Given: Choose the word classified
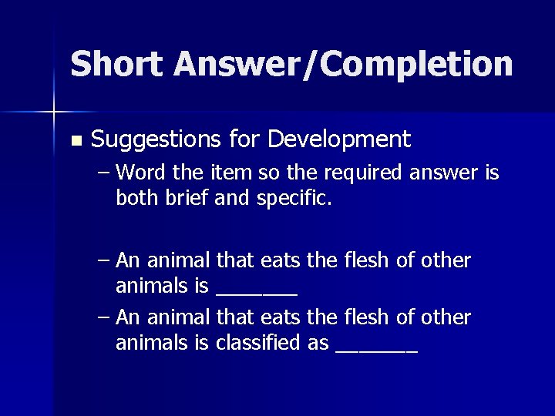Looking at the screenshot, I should (x=258, y=344).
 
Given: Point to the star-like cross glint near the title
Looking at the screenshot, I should (x=53, y=112).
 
